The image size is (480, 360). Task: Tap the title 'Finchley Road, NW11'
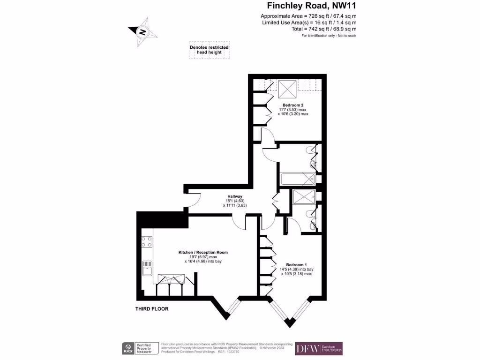312,6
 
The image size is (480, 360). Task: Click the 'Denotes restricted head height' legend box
209,50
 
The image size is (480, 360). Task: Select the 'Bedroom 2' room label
293,105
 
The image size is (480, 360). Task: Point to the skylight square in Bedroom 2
287,87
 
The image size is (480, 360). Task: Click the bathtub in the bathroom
297,179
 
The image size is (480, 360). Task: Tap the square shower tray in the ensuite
303,196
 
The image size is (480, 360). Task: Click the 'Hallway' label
235,196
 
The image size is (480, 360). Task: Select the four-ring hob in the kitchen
147,241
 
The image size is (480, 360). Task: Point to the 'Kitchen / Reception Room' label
203,252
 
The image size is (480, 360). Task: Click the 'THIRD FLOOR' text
152,309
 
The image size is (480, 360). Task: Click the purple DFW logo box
319,348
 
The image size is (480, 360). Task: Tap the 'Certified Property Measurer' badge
146,348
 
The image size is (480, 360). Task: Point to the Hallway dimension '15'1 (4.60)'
235,201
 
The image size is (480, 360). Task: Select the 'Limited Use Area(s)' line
308,22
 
